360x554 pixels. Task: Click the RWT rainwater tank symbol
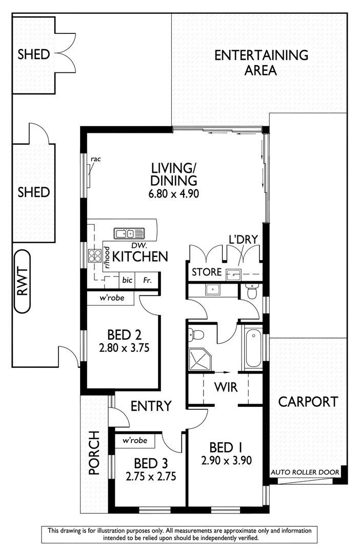click(22, 281)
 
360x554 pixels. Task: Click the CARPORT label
click(308, 402)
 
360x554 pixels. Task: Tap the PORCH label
click(94, 460)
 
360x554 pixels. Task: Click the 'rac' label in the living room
click(96, 159)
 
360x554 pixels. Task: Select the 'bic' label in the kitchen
click(127, 281)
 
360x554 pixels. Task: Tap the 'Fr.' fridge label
click(147, 281)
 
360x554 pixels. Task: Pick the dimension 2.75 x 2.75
click(151, 476)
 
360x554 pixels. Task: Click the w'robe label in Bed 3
click(135, 441)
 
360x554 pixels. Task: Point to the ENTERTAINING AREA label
click(261, 62)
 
